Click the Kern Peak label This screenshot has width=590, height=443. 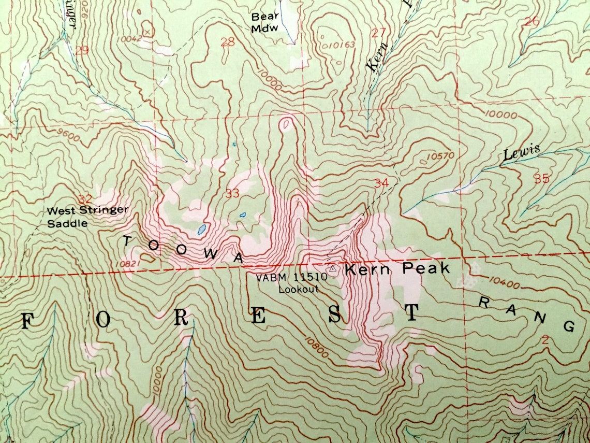coord(397,269)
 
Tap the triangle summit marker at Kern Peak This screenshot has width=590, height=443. coord(333,269)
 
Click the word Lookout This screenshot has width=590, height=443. coord(299,290)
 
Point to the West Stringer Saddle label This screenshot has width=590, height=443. coord(87,217)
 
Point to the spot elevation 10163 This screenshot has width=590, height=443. coord(342,45)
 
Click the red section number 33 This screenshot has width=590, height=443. coord(232,194)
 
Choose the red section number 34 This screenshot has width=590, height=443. coord(381,182)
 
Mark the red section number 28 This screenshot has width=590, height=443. coord(227,42)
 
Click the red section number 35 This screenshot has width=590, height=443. coord(541,179)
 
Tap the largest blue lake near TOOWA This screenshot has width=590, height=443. coord(202,228)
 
